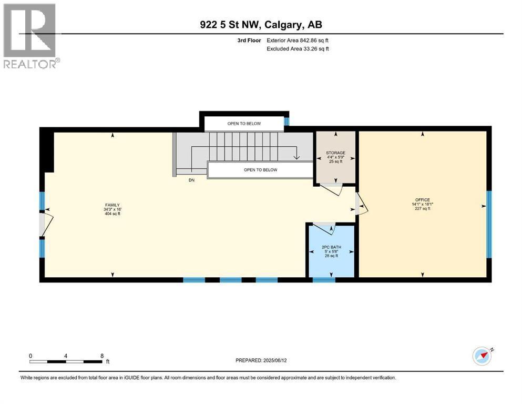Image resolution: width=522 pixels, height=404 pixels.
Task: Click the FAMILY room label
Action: pos(111,205)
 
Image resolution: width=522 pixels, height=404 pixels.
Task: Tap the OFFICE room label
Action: pos(422,200)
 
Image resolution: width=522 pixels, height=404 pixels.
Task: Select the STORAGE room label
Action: pos(335,153)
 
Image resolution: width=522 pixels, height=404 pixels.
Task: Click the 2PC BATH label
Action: pos(330,247)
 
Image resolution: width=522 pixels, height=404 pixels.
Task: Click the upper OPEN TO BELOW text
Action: pos(244,124)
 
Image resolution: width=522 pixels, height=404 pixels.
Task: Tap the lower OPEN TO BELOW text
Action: pos(260,170)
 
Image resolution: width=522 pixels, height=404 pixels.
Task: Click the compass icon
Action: pos(482,356)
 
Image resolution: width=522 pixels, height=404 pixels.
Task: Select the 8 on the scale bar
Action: pos(101,356)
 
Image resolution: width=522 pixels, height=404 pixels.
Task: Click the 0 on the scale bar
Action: pos(30,356)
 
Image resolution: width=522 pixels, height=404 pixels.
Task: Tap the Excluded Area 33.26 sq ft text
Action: pos(298,49)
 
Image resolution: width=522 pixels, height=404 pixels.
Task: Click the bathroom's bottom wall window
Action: pos(324,280)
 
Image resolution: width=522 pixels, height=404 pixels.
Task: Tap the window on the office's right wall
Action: pos(489,224)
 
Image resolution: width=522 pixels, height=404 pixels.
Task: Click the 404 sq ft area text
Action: pos(111,214)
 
